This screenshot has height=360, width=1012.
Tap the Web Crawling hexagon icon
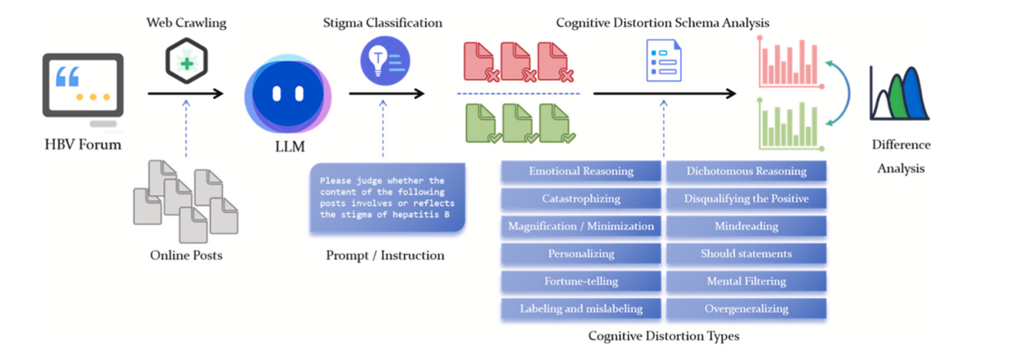click(186, 61)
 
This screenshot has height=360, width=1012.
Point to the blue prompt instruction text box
click(388, 198)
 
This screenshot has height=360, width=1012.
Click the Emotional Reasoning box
click(581, 171)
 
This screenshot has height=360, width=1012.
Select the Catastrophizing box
click(581, 198)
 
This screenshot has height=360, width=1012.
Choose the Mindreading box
click(746, 226)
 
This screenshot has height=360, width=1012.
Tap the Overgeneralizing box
click(746, 309)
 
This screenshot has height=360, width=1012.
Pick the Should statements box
click(746, 254)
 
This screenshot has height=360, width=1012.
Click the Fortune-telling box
click(581, 281)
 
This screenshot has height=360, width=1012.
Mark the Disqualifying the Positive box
click(746, 198)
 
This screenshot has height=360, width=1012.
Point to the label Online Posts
click(186, 255)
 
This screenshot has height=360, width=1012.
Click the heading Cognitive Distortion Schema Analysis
click(662, 22)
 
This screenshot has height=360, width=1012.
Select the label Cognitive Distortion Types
click(663, 336)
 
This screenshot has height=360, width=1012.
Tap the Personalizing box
click(581, 254)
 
